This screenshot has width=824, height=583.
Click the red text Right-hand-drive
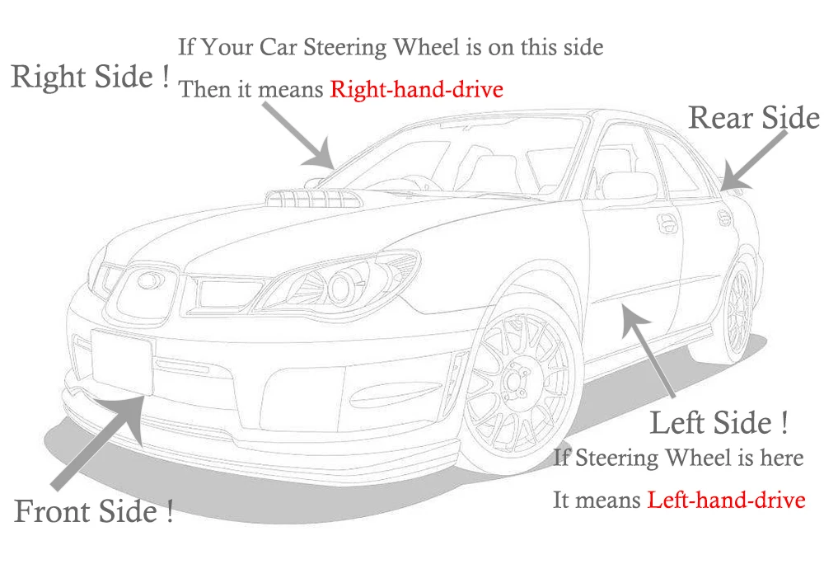[416, 89]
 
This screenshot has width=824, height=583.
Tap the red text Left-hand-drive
[726, 500]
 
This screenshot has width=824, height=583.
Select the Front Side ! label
[94, 512]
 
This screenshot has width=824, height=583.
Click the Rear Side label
[754, 118]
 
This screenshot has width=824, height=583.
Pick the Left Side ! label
[719, 423]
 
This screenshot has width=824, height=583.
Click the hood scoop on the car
[309, 197]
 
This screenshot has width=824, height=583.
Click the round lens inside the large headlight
[339, 287]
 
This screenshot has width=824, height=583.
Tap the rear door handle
[723, 216]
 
